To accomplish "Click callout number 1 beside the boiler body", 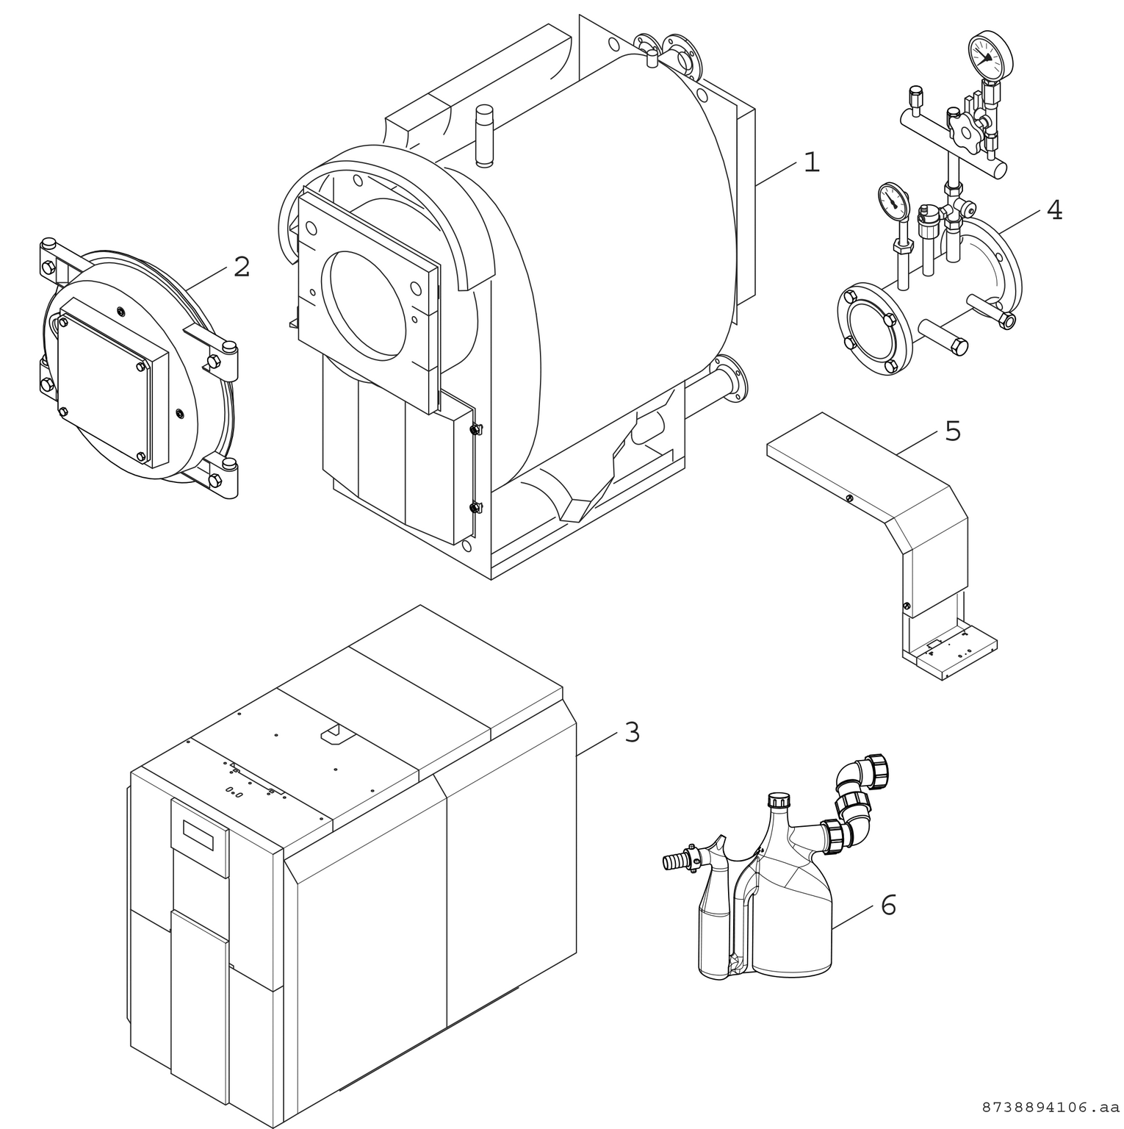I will pos(811,162).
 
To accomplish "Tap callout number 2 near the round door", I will pos(242,267).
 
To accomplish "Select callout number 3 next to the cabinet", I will pos(632,732).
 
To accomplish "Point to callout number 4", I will pos(1054,210).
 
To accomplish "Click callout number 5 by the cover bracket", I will pos(952,431).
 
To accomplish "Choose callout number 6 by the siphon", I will pos(888,906).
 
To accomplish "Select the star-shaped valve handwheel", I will pos(962,131).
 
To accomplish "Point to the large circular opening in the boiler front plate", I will pos(368,293).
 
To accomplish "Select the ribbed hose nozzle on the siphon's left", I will pos(674,859).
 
